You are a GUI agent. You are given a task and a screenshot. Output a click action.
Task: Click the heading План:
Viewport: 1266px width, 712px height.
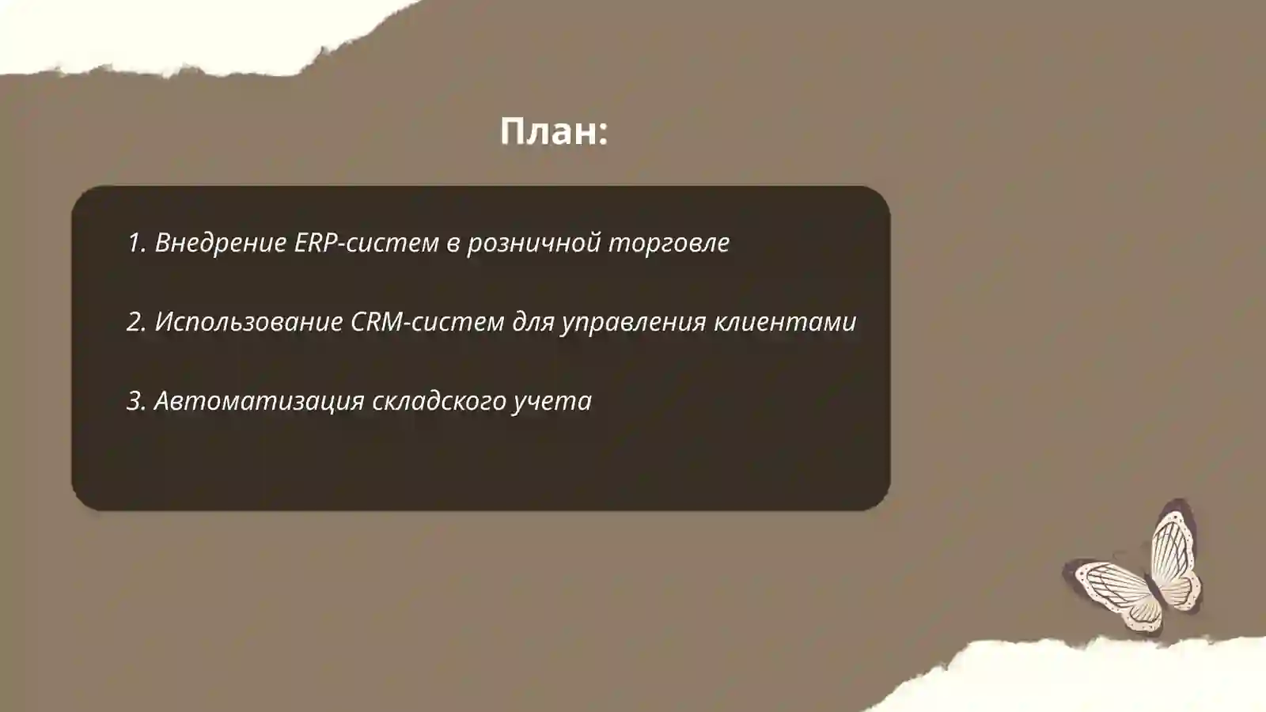tap(554, 131)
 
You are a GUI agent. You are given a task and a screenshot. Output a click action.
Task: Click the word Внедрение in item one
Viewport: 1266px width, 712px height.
tap(221, 243)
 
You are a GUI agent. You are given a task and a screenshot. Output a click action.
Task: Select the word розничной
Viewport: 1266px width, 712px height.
tap(534, 243)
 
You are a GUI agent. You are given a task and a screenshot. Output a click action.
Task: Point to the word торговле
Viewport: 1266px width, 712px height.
tap(669, 243)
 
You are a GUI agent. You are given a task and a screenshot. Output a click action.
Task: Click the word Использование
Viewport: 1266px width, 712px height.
tap(248, 322)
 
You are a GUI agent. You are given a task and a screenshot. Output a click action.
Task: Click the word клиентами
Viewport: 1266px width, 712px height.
tap(785, 322)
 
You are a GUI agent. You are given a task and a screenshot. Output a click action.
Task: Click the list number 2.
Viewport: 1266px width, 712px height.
tap(136, 322)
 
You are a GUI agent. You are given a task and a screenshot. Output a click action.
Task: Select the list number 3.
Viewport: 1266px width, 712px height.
tap(136, 401)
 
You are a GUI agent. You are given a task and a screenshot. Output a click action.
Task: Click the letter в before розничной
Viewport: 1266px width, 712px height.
tap(453, 244)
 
